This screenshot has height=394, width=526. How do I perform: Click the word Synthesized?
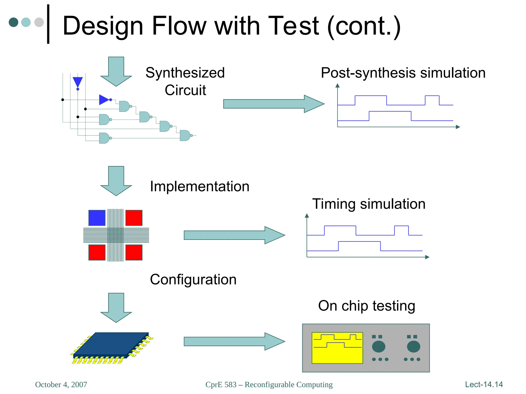point(185,73)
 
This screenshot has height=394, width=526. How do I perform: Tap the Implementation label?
point(200,186)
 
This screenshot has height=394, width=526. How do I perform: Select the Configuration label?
point(193,280)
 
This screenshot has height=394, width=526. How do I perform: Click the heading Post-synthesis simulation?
point(403,73)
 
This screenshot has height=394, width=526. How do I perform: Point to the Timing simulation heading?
point(369,204)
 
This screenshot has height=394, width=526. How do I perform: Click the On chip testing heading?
point(367,306)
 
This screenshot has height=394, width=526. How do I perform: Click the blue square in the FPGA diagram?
point(97,218)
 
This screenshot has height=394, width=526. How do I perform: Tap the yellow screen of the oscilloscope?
point(337,348)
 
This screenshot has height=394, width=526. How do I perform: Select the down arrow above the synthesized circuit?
point(116,72)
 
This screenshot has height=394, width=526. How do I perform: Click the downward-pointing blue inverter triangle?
point(78,82)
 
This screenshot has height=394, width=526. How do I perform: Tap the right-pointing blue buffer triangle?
point(104,100)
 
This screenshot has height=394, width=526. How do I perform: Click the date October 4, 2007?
point(61,385)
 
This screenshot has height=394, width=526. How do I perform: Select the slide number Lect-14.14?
point(484,385)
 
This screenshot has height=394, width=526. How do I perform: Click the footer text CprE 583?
point(221,385)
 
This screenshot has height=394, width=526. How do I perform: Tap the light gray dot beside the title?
point(39,22)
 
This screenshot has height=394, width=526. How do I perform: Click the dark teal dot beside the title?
point(13,22)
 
